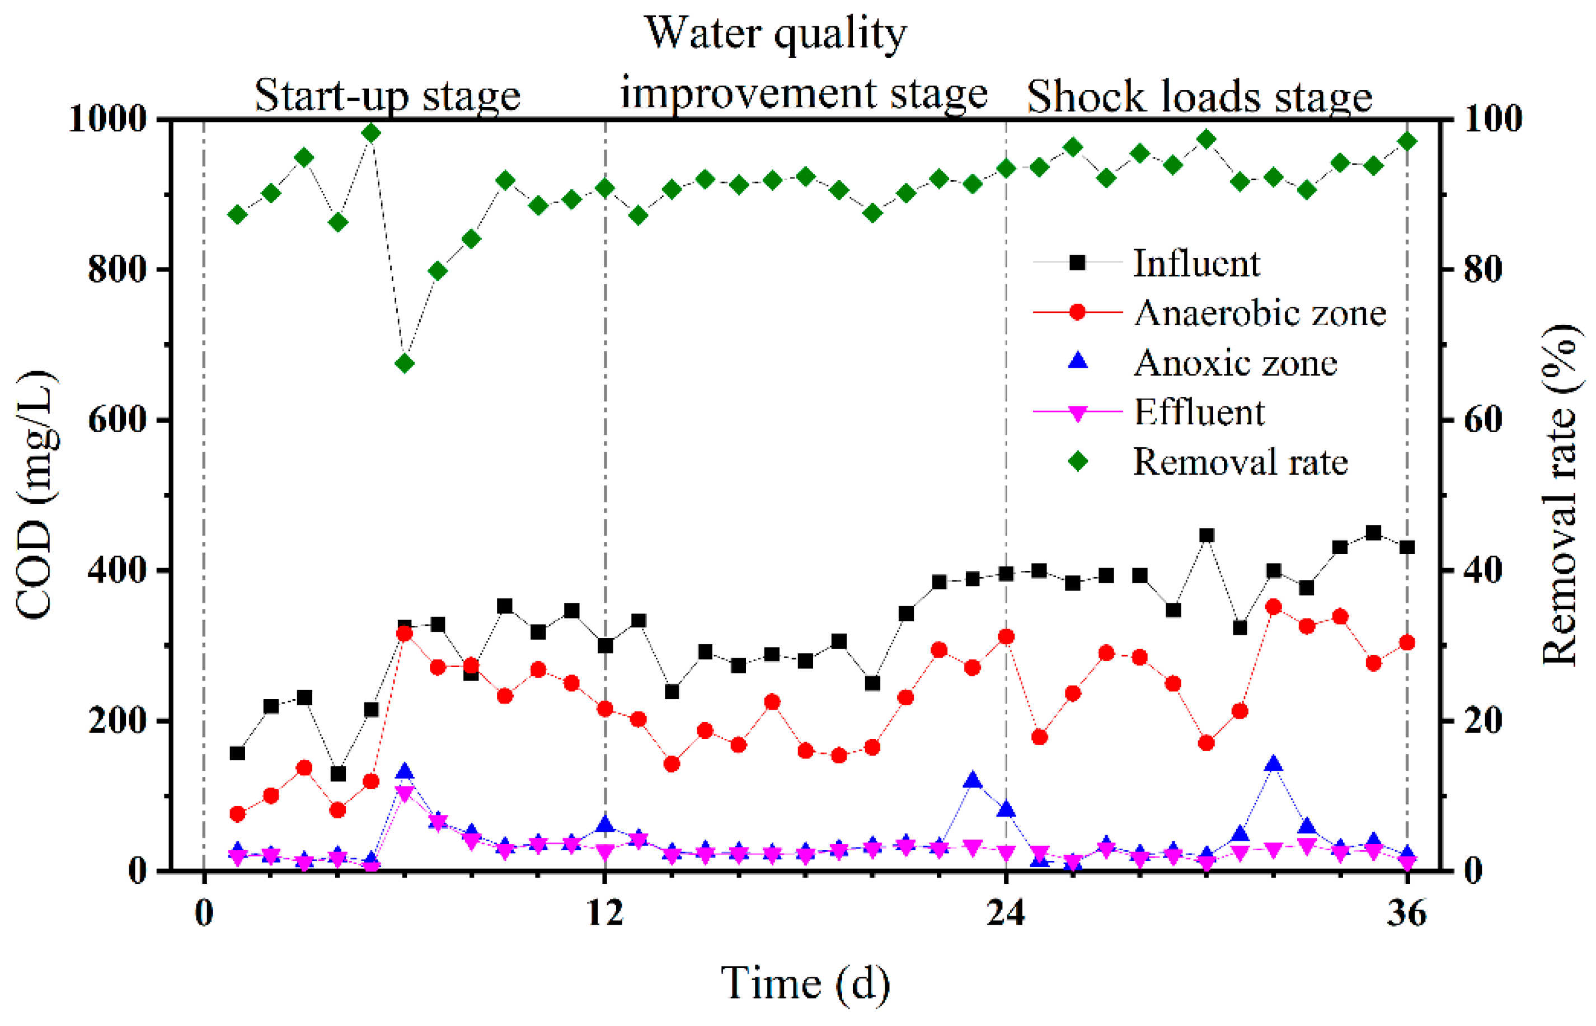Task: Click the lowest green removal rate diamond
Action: (x=405, y=364)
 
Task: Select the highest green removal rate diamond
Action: (x=371, y=133)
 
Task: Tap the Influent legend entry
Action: (x=1196, y=263)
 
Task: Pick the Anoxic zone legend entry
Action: (x=1234, y=363)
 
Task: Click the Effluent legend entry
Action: (x=1198, y=413)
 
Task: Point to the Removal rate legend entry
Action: (x=1240, y=462)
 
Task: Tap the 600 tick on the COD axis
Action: (x=117, y=420)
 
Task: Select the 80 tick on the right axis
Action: (x=1483, y=270)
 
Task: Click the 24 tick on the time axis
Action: (x=1006, y=913)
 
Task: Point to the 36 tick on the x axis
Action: (x=1407, y=913)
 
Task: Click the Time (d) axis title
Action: (x=805, y=983)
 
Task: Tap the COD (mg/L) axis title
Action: (x=35, y=495)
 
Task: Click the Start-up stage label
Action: (x=387, y=95)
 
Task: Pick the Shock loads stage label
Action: (x=1199, y=97)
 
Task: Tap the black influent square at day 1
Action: (x=237, y=753)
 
